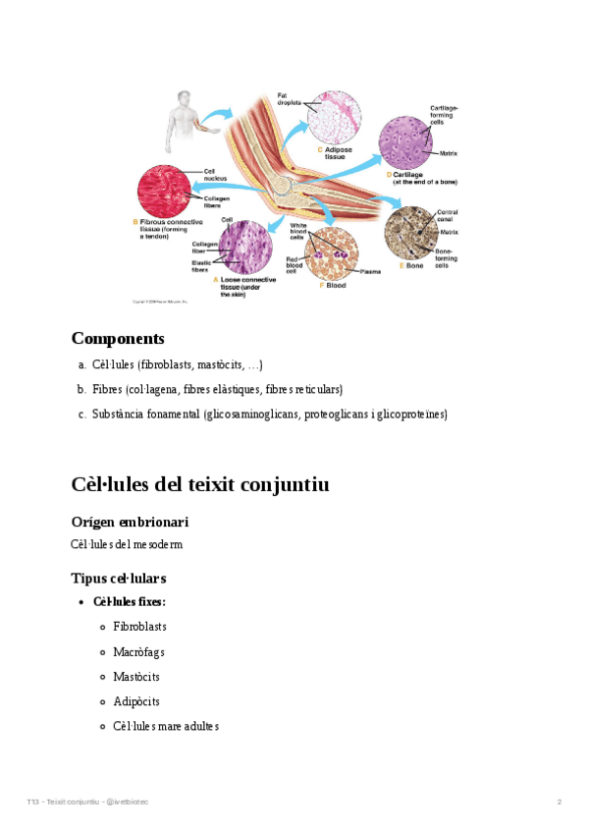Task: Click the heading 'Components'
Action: (x=118, y=339)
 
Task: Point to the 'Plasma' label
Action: (x=371, y=271)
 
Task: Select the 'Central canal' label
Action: (x=447, y=216)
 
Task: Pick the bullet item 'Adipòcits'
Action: (x=136, y=701)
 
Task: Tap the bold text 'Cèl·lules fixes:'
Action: (x=129, y=601)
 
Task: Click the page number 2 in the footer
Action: (x=559, y=803)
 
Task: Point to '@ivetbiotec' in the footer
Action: (x=128, y=803)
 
